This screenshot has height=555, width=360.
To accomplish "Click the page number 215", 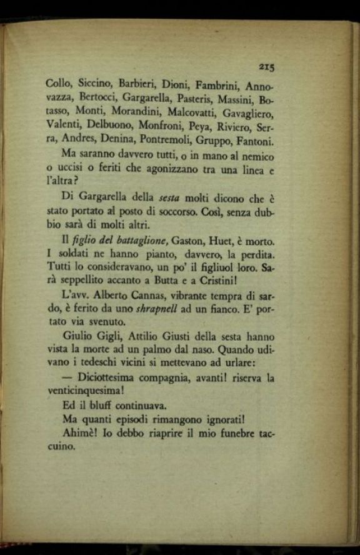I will pyautogui.click(x=266, y=67).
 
